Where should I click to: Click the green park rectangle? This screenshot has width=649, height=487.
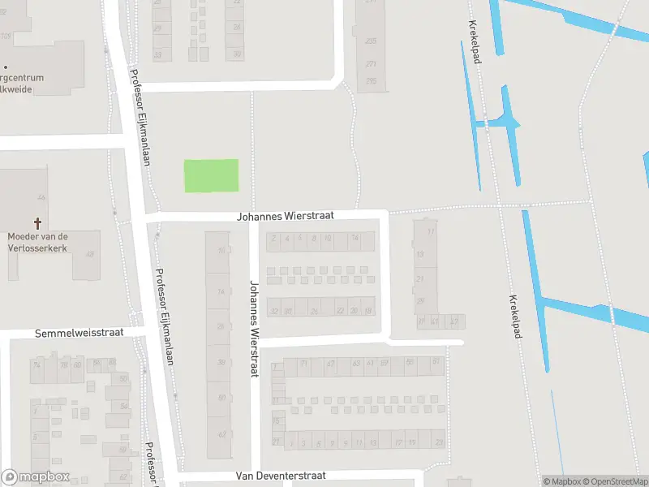tap(211, 175)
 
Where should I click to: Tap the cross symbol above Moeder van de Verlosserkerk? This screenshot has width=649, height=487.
tap(37, 222)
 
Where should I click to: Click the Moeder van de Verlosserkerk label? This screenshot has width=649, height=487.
tap(37, 241)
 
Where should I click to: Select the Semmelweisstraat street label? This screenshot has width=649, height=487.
tap(78, 334)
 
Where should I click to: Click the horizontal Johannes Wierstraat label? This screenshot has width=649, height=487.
tap(285, 217)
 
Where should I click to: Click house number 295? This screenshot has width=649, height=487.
tap(371, 80)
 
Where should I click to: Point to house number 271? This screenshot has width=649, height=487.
tap(371, 63)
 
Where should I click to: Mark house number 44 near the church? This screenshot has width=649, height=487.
tap(41, 197)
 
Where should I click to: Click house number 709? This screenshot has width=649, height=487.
tap(6, 36)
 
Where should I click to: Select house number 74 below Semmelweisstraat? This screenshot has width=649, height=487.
tap(37, 365)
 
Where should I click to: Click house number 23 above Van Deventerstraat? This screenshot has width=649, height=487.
tap(439, 442)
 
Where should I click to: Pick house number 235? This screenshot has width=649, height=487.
tap(371, 41)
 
